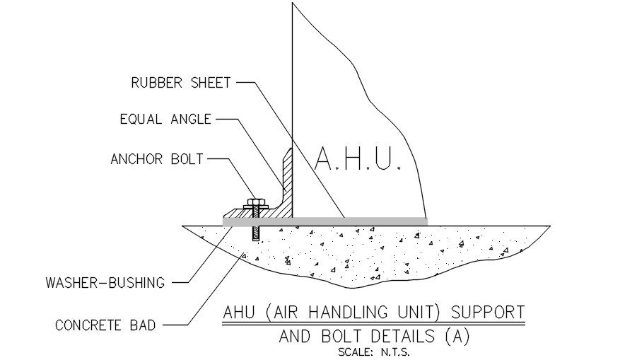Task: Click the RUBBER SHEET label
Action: click(181, 83)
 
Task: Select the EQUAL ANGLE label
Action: click(165, 120)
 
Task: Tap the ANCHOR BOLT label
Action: click(156, 159)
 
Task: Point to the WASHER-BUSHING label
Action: click(105, 283)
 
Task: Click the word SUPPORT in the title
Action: click(488, 311)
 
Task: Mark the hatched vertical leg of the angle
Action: click(288, 177)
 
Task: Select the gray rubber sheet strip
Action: click(325, 221)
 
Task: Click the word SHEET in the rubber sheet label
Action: click(209, 83)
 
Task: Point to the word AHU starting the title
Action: click(238, 311)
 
